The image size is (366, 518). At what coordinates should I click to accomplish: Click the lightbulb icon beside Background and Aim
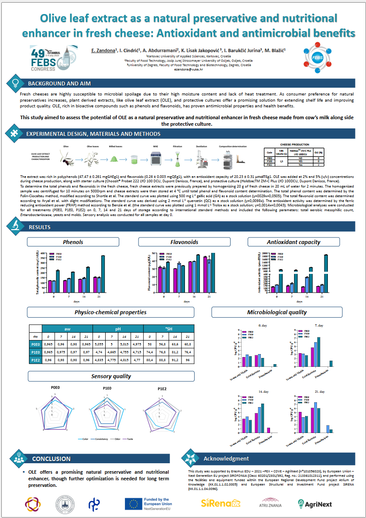[x=14, y=82]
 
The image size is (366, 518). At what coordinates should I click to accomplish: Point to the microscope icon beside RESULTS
[x=14, y=226]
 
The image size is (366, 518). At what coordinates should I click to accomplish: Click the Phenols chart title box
[x=73, y=242]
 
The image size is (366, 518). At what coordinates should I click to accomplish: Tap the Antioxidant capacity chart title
[x=293, y=242]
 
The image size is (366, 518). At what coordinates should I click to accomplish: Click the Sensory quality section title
[x=111, y=376]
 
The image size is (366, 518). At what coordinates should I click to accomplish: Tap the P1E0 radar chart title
[x=107, y=388]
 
